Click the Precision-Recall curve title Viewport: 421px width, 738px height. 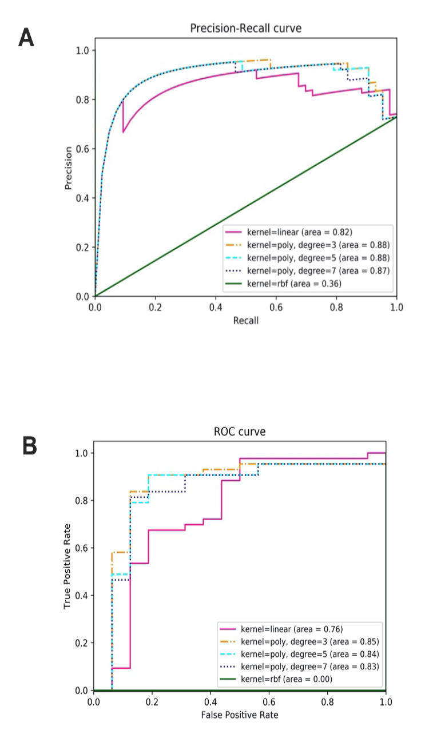pos(245,28)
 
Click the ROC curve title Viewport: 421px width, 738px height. pos(240,432)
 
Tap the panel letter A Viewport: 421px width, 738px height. pos(26,38)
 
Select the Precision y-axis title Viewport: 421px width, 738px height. pos(69,168)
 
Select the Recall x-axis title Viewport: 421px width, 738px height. pos(245,320)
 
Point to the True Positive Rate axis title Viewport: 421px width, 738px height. pos(67,566)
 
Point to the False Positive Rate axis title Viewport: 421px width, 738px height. pos(240,715)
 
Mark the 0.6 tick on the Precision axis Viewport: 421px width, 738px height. pos(83,149)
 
